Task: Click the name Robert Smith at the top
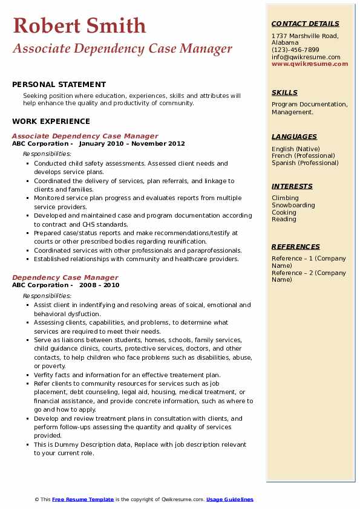pos(79,25)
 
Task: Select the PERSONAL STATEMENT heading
pos(59,85)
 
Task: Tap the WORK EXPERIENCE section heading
pos(51,121)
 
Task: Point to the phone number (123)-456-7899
pos(295,50)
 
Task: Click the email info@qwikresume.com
pos(306,57)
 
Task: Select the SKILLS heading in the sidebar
pos(284,92)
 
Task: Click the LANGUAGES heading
pos(294,137)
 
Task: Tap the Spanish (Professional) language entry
pos(305,163)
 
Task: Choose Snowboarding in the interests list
pos(293,205)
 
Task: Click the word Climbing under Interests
pos(285,198)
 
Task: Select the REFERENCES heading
pos(296,247)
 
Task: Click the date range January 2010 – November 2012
pos(132,144)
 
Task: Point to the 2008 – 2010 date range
pos(99,285)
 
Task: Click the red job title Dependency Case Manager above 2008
pos(65,277)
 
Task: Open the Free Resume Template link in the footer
pos(83,499)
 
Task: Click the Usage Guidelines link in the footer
pos(230,499)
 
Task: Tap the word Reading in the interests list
pos(284,219)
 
